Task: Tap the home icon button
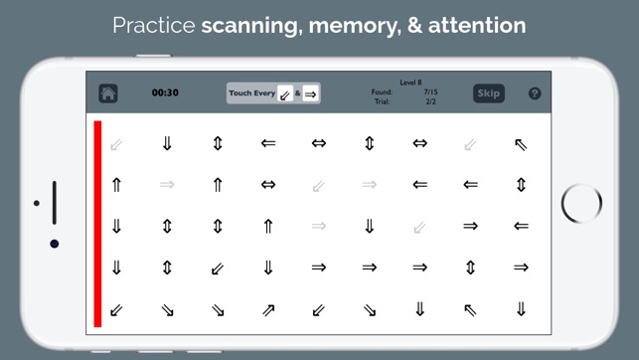point(108,93)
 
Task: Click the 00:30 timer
point(165,92)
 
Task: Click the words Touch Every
point(251,93)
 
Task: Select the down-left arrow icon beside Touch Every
point(285,93)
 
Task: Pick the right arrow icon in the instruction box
point(310,94)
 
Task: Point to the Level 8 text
point(410,83)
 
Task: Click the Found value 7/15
point(430,92)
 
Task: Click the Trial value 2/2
point(430,101)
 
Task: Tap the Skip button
point(489,93)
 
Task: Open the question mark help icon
point(535,93)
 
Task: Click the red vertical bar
point(97,224)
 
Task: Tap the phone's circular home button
point(581,204)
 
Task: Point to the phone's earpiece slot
point(55,203)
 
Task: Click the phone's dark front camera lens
point(55,244)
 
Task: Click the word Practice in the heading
point(154,25)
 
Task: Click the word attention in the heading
point(477,25)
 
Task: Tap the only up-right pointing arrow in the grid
point(268,310)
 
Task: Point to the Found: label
point(382,92)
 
